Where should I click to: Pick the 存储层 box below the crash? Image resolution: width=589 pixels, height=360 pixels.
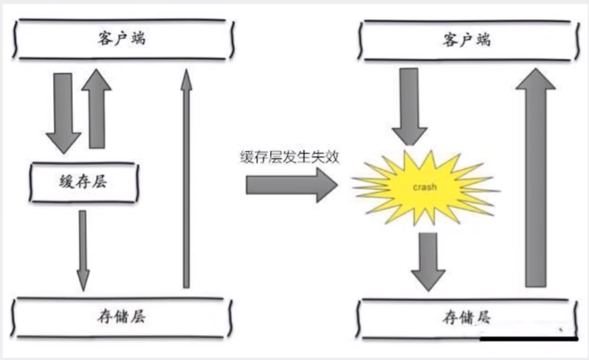[467, 318]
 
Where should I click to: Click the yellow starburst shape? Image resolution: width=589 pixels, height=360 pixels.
[426, 187]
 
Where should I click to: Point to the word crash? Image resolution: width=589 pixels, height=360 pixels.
[425, 187]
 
